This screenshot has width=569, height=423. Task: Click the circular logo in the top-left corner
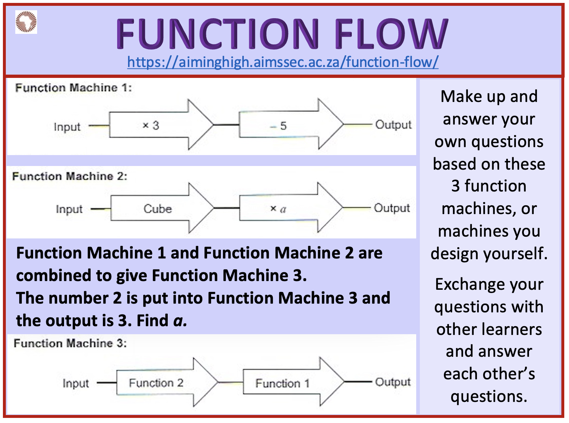[x=26, y=22]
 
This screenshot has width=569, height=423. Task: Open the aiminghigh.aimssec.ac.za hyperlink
[x=283, y=62]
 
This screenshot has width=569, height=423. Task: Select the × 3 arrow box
[x=156, y=125]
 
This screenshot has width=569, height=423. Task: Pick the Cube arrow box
[x=158, y=209]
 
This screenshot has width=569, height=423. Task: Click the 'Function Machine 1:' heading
[x=73, y=88]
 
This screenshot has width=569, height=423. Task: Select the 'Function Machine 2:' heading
[x=69, y=176]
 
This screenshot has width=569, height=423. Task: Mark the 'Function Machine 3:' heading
[x=70, y=343]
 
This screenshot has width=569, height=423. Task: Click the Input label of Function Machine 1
[x=67, y=127]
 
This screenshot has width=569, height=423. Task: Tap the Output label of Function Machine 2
[x=392, y=208]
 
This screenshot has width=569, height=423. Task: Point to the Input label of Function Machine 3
[x=76, y=383]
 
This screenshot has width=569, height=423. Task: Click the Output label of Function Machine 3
[x=393, y=382]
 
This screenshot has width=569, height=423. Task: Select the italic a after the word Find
[x=179, y=321]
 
